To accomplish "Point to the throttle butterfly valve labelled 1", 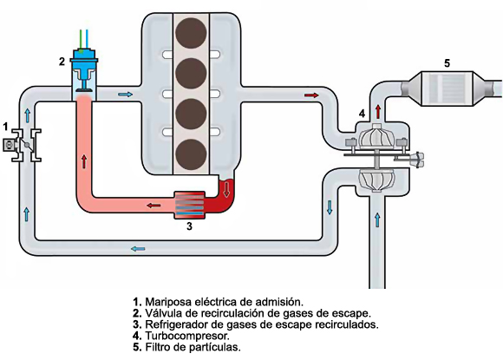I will click(x=20, y=145).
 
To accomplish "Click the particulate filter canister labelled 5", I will click(x=444, y=88).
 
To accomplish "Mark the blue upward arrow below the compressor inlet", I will click(x=378, y=219).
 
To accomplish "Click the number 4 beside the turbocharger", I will click(x=362, y=114).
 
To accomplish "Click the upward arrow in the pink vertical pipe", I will click(x=84, y=160).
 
